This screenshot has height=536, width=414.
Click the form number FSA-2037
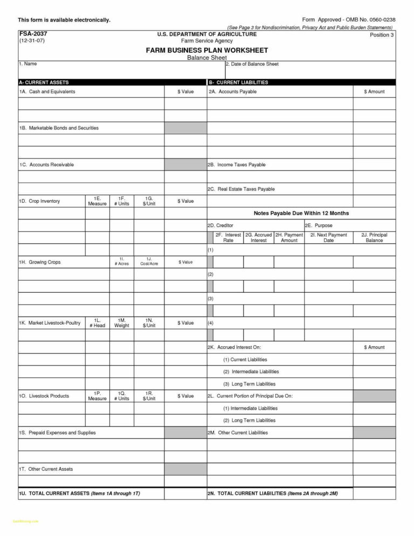point(29,33)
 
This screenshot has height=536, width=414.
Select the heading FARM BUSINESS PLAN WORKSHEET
point(207,50)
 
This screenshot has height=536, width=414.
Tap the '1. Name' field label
point(28,64)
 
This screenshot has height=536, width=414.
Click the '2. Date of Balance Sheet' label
point(252,64)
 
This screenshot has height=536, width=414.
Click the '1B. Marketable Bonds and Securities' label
point(59,128)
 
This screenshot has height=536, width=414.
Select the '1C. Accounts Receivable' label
point(46,164)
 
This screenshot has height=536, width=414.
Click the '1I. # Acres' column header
point(122,262)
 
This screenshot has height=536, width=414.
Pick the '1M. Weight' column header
point(122,323)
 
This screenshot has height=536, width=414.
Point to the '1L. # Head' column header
point(98,323)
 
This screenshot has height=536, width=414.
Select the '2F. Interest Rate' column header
point(229,238)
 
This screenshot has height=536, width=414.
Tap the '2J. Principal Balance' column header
point(374,238)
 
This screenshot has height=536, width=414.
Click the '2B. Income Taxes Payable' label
point(237,164)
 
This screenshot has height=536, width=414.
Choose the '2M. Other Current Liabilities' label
point(238,432)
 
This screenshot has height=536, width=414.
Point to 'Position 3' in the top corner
point(382,35)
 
